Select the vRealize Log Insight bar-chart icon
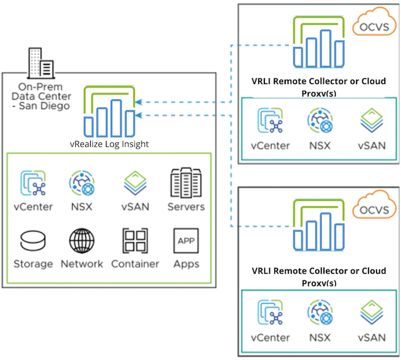[x=110, y=112]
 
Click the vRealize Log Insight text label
[x=110, y=144]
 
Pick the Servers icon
[x=185, y=183]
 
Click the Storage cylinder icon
[x=33, y=240]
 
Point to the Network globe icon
[x=81, y=240]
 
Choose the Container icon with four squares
[x=135, y=241]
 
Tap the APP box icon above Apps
[x=186, y=241]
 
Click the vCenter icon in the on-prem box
[x=33, y=184]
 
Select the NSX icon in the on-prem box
[x=81, y=184]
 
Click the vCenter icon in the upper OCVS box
[x=270, y=123]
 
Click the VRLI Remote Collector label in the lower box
[x=319, y=272]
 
